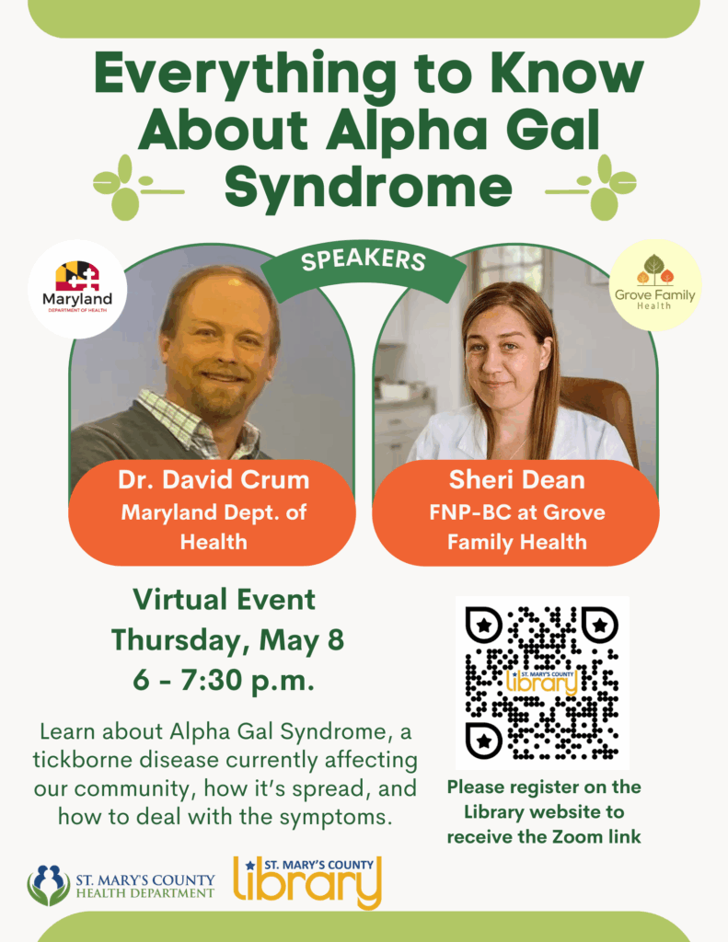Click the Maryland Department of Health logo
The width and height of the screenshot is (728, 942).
pos(77,288)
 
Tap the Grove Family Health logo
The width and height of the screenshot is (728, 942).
pos(654,285)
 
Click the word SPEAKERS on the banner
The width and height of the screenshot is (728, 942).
pos(364,259)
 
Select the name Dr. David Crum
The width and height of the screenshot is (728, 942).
pos(214,479)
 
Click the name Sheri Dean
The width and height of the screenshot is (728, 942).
pos(516,479)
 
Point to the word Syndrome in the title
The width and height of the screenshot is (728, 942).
pos(368,186)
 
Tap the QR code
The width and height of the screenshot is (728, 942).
pos(542,684)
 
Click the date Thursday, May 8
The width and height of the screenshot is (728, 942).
pos(228,640)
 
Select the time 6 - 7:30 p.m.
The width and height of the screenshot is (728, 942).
pos(224,680)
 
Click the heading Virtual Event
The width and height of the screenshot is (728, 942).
pos(225,600)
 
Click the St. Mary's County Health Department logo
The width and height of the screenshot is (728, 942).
pos(121,886)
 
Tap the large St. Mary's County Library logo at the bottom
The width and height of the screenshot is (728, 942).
pos(307,882)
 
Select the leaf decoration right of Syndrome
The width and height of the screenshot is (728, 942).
pos(591,187)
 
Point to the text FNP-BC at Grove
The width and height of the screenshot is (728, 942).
pos(517,512)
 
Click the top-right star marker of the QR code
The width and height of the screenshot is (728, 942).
pos(599,626)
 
